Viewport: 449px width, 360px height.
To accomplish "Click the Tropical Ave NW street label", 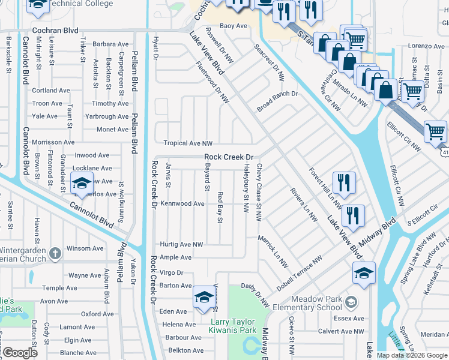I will point(188,143).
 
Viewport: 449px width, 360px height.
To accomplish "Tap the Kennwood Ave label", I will point(182,204).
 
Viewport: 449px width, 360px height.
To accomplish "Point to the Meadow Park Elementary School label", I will point(316,304).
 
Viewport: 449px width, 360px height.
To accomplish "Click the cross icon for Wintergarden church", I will point(55,253).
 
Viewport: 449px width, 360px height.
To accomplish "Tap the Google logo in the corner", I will point(20,353).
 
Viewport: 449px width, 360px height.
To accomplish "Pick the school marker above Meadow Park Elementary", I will point(364,272).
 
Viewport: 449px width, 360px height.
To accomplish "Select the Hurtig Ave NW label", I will point(181,245).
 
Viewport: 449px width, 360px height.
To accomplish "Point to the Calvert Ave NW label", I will point(341,331).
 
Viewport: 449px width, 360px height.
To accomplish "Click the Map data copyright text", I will point(412,355).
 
